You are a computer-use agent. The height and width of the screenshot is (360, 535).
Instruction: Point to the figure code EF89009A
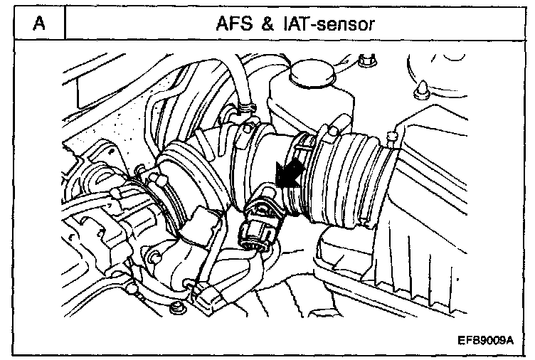[x=486, y=340]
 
